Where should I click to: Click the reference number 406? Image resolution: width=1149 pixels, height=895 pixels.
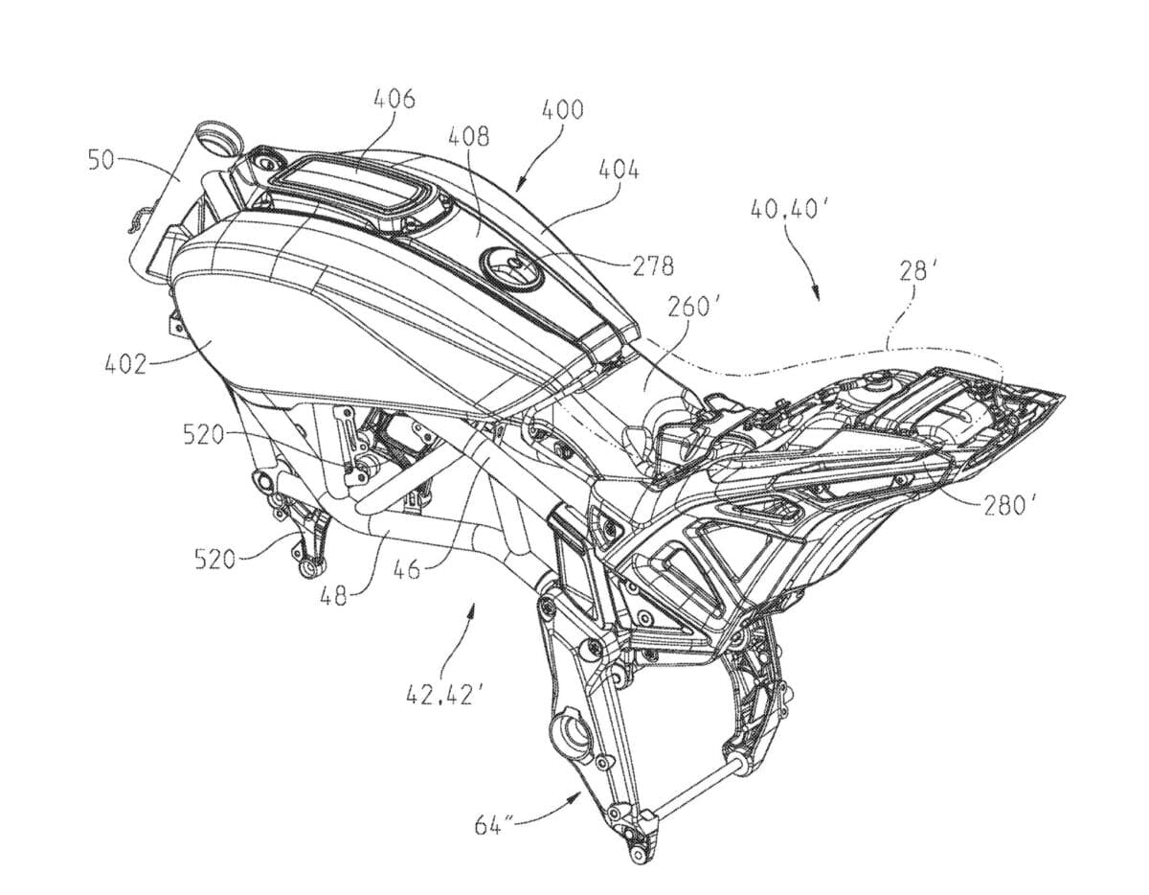[x=394, y=100]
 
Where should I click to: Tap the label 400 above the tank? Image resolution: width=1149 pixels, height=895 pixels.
[x=563, y=109]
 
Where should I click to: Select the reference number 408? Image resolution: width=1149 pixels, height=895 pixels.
[x=468, y=137]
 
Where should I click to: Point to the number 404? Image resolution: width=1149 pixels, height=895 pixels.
[x=620, y=170]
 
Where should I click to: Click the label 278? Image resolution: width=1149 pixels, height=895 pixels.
[x=653, y=266]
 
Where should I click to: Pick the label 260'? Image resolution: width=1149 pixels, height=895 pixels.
[x=690, y=308]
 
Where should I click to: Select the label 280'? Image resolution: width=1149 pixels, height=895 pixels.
[x=1008, y=507]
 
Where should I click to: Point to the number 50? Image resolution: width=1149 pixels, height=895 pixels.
[x=101, y=160]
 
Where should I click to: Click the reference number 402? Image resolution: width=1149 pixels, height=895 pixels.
[x=124, y=364]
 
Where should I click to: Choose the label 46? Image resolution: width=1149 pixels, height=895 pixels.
[x=407, y=570]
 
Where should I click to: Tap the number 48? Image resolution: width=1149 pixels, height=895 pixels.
[x=333, y=596]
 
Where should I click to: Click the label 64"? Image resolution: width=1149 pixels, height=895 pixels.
[x=494, y=826]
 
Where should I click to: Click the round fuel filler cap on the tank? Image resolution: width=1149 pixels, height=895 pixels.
[x=512, y=268]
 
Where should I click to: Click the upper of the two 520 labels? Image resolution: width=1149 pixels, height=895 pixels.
[x=204, y=436]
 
